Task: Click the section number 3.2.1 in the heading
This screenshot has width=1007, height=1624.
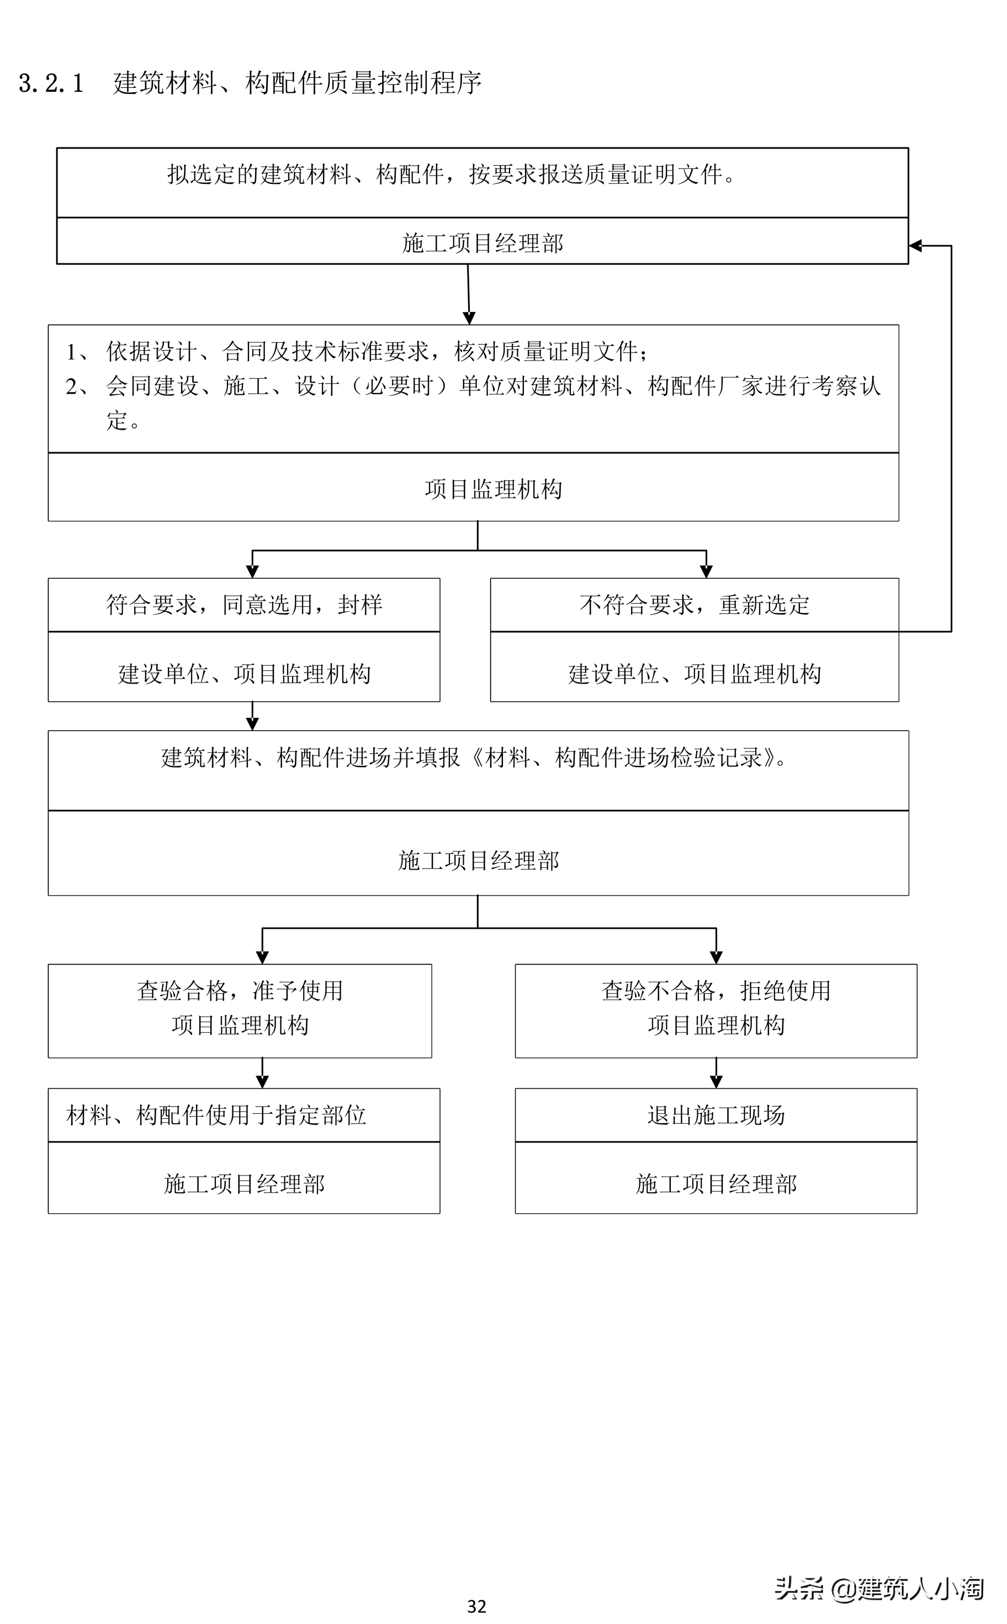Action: click(x=51, y=83)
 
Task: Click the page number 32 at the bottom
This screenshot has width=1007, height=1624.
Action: click(x=476, y=1606)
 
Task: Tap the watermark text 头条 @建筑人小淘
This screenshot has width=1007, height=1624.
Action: click(x=878, y=1588)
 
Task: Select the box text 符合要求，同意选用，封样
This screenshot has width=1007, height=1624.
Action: click(x=244, y=604)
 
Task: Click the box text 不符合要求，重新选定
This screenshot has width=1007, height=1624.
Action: click(x=694, y=604)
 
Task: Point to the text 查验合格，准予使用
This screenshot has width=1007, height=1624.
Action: click(x=240, y=991)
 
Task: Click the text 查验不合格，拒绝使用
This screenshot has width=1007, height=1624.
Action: click(x=716, y=991)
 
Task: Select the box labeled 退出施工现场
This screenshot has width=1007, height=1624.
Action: click(x=716, y=1115)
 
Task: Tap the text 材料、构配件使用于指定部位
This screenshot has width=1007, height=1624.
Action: click(x=216, y=1115)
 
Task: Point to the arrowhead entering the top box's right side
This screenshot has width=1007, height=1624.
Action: click(x=916, y=246)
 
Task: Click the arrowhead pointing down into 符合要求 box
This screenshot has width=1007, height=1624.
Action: click(x=252, y=572)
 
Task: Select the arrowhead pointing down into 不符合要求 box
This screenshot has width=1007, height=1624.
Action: click(x=706, y=572)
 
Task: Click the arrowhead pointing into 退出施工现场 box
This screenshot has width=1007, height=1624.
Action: click(x=716, y=1082)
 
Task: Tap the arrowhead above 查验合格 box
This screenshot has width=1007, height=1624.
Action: click(x=262, y=957)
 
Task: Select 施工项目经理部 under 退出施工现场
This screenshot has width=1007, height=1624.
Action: click(x=716, y=1184)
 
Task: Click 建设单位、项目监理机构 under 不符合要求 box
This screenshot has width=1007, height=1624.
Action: click(x=694, y=674)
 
